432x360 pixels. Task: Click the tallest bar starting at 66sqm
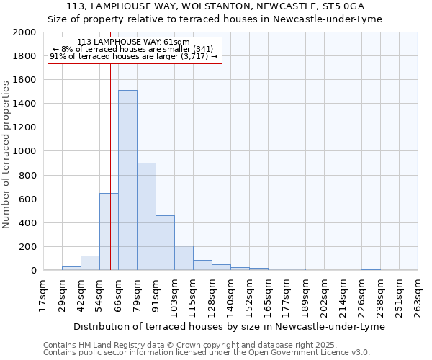tap(127, 180)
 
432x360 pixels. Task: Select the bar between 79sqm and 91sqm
tap(146, 217)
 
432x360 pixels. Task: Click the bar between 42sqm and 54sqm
tap(90, 263)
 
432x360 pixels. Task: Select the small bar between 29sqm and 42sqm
tap(71, 268)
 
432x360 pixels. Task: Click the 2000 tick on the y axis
tap(25, 32)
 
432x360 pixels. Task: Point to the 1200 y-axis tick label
tap(25, 127)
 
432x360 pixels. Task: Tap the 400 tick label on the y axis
tap(28, 223)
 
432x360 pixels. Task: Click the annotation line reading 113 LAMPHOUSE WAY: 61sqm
tap(133, 42)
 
